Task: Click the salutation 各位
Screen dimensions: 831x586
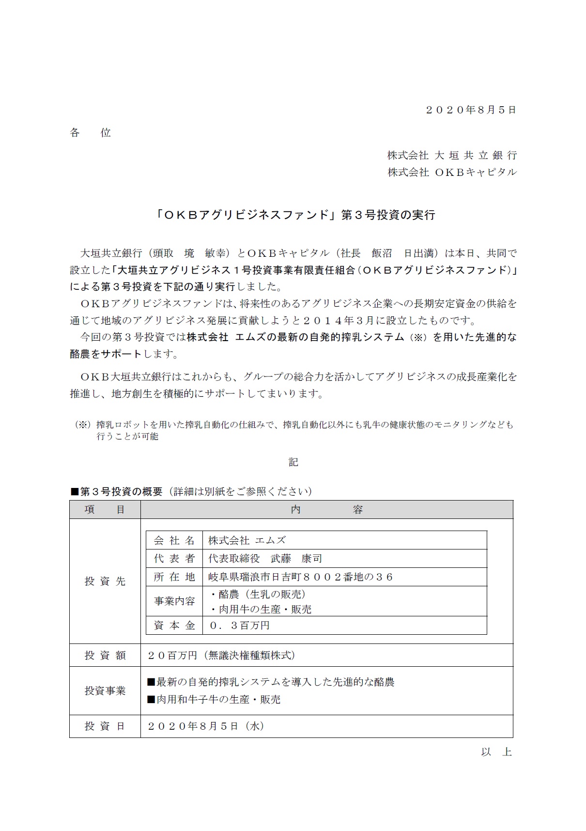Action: (x=91, y=133)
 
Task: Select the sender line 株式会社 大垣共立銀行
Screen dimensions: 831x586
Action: (x=452, y=155)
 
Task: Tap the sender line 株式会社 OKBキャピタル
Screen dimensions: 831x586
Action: (x=452, y=172)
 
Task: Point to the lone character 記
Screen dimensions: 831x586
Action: (x=293, y=462)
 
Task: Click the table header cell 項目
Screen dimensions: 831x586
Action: (x=105, y=510)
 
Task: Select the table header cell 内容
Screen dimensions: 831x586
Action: (x=326, y=510)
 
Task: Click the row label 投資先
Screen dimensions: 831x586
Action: (x=105, y=581)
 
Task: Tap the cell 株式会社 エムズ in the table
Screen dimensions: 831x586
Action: (x=247, y=540)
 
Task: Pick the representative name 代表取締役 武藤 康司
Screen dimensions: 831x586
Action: (x=265, y=559)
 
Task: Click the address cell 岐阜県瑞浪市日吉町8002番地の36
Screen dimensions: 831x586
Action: (x=300, y=577)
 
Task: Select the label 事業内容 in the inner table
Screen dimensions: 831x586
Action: (x=174, y=601)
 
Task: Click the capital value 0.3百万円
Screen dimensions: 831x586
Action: (x=239, y=626)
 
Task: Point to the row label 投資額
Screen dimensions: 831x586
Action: (x=105, y=656)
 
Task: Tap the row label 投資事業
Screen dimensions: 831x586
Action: (x=105, y=691)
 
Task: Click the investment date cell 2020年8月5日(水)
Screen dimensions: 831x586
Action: (x=205, y=726)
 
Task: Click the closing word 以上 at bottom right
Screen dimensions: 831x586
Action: (x=496, y=752)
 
